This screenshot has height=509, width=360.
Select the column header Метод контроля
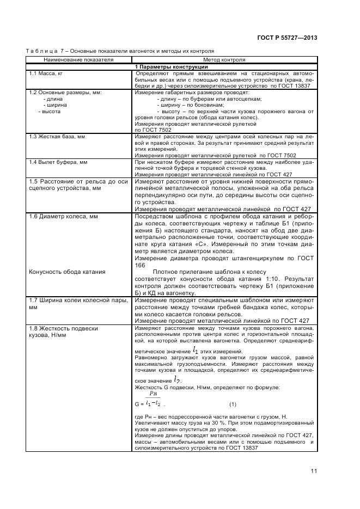coord(224,59)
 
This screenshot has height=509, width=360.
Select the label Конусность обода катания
coord(67,271)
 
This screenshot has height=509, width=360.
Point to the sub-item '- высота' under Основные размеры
coord(49,111)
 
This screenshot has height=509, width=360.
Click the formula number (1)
coord(233,404)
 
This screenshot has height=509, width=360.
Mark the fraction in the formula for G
coord(153,400)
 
